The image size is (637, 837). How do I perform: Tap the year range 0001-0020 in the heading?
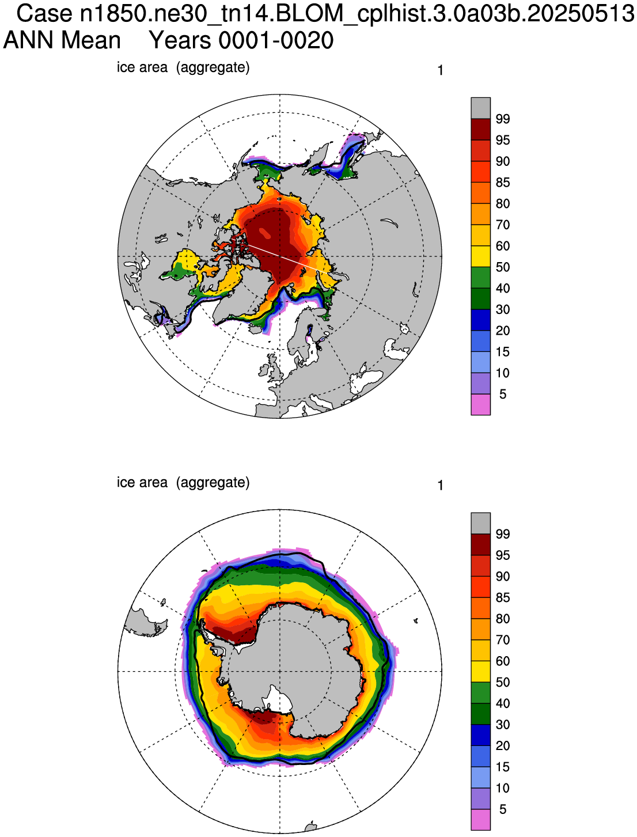pyautogui.click(x=241, y=40)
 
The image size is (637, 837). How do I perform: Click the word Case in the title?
pyautogui.click(x=44, y=13)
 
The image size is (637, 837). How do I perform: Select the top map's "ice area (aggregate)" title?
pyautogui.click(x=183, y=67)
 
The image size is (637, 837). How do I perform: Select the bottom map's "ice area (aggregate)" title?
pyautogui.click(x=183, y=483)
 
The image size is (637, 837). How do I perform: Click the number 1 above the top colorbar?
pyautogui.click(x=440, y=70)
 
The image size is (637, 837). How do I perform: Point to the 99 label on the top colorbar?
pyautogui.click(x=502, y=119)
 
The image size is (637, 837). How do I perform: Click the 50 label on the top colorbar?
pyautogui.click(x=502, y=267)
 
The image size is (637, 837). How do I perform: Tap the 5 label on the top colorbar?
pyautogui.click(x=502, y=394)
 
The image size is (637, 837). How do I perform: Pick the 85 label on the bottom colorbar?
pyautogui.click(x=502, y=597)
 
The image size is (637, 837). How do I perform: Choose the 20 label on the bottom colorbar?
pyautogui.click(x=502, y=745)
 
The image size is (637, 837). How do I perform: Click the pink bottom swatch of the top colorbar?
pyautogui.click(x=480, y=404)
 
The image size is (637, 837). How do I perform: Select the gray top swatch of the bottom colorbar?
pyautogui.click(x=480, y=523)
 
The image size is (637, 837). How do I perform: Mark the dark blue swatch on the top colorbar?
pyautogui.click(x=480, y=320)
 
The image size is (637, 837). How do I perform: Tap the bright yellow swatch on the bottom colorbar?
pyautogui.click(x=480, y=671)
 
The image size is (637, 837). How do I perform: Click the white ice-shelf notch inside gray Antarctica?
pyautogui.click(x=279, y=701)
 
